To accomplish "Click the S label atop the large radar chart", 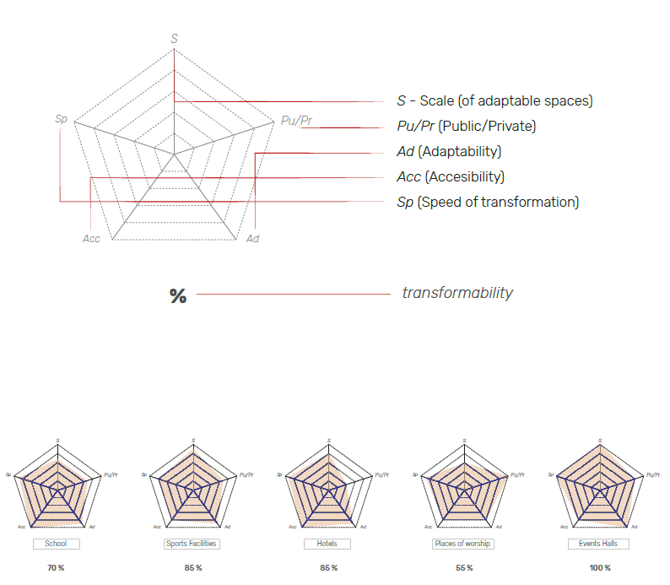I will tap(174, 39).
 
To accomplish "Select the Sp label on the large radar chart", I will tap(61, 119).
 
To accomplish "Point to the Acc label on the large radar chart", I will tap(91, 239).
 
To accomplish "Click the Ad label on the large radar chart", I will tap(252, 239).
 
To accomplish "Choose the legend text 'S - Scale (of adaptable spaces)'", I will tap(494, 101).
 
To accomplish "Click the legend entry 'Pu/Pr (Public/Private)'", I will tap(466, 127).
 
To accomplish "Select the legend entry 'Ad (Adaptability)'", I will tap(449, 152).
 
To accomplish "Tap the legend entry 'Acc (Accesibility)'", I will tap(451, 177).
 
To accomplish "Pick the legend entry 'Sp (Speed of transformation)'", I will tap(488, 202).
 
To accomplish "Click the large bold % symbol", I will tap(177, 295).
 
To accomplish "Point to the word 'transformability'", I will tap(457, 293).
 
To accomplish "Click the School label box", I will tap(57, 544).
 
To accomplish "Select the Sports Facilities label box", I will tap(192, 544).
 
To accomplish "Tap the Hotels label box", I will tap(327, 544).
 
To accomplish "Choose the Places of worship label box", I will tap(462, 544).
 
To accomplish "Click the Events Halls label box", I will tap(598, 544).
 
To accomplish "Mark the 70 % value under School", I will tap(57, 568).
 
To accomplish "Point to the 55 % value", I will tap(462, 568).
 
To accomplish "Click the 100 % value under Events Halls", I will tap(599, 568).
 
